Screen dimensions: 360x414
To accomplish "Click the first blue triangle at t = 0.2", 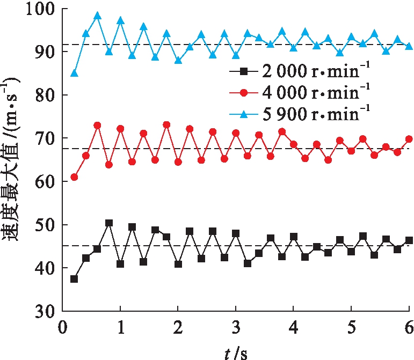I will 74,73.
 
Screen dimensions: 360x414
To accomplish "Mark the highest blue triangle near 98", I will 97,16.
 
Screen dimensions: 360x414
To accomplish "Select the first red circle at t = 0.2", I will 74,177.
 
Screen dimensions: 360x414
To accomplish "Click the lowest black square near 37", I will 74,279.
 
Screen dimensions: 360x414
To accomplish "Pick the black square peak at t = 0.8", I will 109,223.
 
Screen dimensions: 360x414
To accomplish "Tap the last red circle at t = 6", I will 409,139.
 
